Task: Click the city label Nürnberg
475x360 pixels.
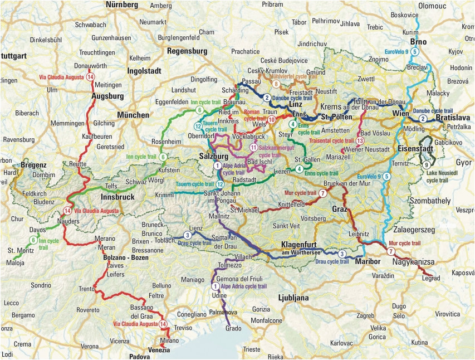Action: click(121, 5)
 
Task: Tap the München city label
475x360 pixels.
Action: click(133, 115)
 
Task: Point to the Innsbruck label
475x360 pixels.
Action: click(118, 197)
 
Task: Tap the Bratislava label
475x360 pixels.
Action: click(453, 118)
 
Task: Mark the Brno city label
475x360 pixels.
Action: click(418, 42)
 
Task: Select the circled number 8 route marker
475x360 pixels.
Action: click(276, 84)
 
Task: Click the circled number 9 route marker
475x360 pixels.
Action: click(426, 165)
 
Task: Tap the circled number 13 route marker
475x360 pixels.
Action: click(360, 141)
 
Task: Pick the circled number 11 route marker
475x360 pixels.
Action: click(253, 148)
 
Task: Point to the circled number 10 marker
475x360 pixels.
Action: click(271, 119)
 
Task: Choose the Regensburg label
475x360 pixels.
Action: click(187, 51)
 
